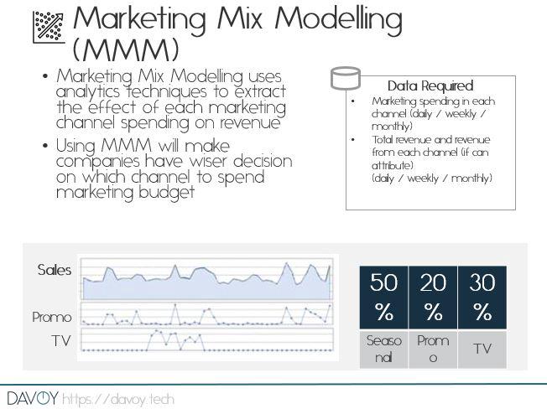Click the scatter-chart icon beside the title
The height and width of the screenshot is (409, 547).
49,27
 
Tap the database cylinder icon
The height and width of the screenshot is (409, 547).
346,78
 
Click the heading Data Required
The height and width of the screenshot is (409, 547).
430,85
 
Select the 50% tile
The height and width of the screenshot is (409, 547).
383,298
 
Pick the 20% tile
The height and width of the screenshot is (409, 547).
433,298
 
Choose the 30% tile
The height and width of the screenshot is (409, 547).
482,298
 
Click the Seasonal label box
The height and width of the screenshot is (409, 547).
383,349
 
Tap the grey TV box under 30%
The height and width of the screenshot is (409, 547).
482,349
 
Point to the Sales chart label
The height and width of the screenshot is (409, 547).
55,270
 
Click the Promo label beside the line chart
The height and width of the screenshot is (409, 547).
52,318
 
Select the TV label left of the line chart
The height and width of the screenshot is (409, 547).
61,341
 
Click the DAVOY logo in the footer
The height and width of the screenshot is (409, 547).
33,398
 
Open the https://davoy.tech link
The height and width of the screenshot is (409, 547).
118,399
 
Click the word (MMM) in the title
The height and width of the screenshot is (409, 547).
126,49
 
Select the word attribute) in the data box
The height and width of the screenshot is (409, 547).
393,165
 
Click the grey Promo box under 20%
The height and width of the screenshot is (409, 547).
433,349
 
